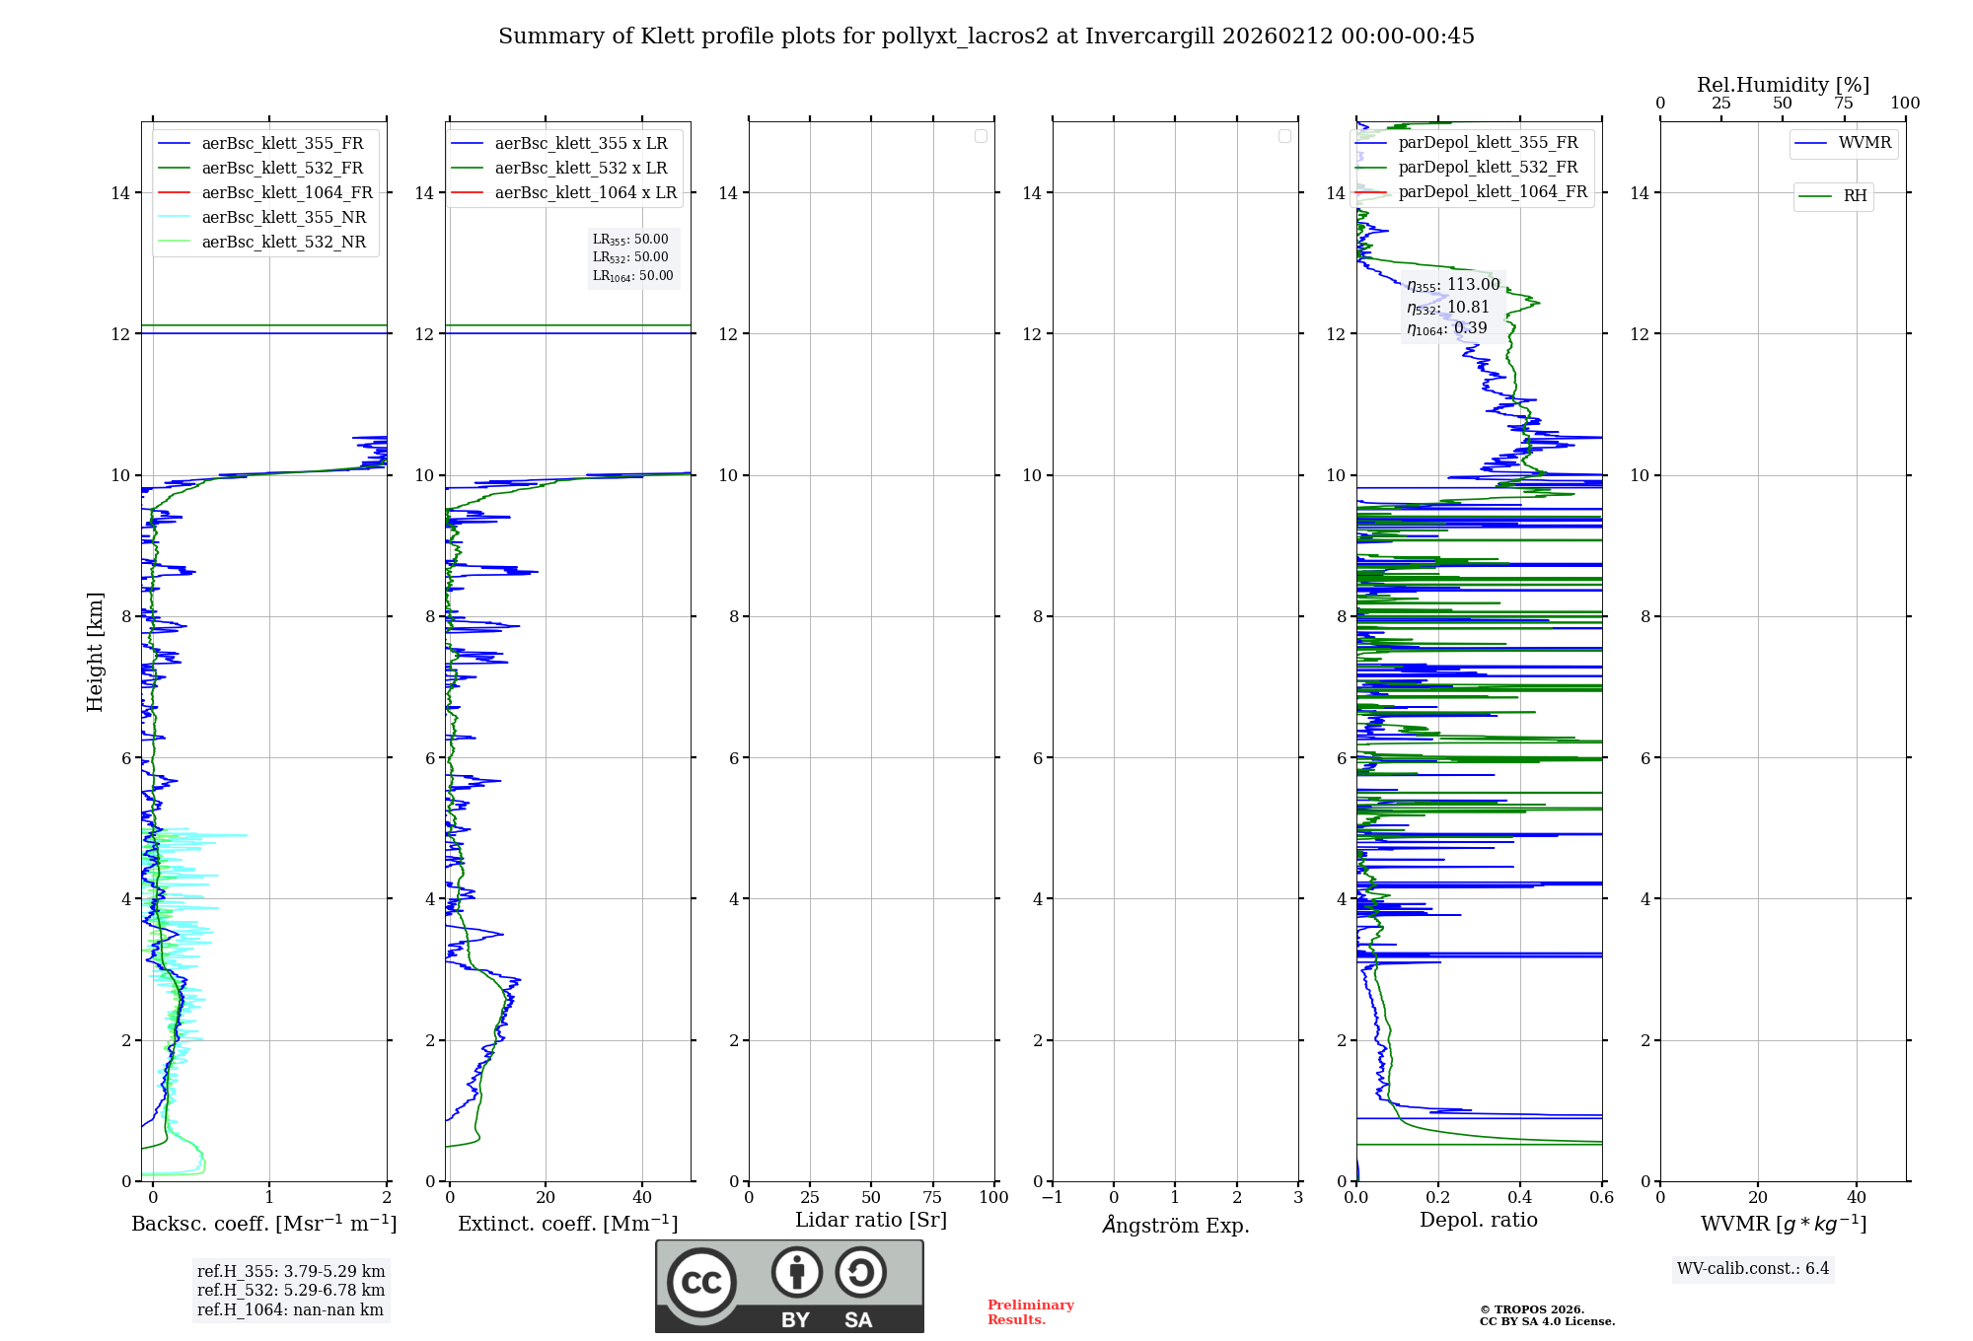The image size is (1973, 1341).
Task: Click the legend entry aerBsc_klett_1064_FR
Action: coord(287,193)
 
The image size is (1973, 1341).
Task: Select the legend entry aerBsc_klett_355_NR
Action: coord(283,218)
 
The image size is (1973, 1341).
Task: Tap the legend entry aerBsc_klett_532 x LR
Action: coord(580,169)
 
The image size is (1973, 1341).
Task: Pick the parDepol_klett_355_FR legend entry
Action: coord(1488,143)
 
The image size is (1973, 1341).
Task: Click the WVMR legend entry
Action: coord(1864,143)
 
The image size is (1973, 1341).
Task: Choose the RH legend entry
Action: coord(1855,196)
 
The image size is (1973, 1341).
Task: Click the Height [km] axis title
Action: coord(96,652)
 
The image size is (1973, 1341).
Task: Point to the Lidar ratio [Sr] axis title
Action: coord(871,1221)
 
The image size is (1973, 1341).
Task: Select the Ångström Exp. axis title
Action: coord(1175,1226)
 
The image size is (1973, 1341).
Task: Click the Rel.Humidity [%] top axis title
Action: coord(1783,85)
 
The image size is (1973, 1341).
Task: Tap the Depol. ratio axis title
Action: coord(1478,1221)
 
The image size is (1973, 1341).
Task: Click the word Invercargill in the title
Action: coord(1149,36)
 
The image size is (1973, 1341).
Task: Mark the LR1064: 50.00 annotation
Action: coord(633,276)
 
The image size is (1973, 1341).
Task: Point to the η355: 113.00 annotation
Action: coord(1453,286)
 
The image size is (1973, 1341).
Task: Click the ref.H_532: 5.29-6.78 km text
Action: coord(291,1291)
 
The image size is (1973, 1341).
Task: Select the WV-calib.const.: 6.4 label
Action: coord(1753,1269)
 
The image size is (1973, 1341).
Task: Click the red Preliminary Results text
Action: coord(1030,1312)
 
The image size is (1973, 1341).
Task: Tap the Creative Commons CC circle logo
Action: coord(701,1283)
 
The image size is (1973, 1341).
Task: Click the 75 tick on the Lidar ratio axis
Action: coord(932,1198)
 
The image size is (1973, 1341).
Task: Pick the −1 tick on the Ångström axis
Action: coord(1053,1198)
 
